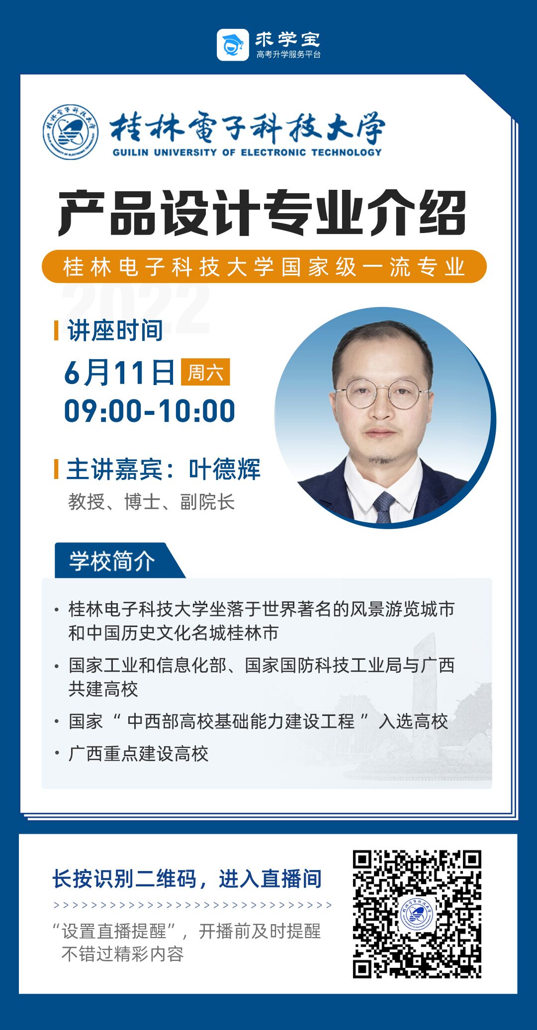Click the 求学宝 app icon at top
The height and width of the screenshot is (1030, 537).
233,45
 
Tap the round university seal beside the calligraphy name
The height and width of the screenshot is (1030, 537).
70,132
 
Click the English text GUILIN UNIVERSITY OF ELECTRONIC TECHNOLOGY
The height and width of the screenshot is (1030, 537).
247,152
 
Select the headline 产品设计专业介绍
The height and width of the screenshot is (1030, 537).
262,213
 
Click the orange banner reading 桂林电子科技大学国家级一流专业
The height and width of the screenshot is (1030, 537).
264,267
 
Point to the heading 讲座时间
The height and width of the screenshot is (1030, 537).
115,330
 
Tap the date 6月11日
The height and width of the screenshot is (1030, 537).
119,373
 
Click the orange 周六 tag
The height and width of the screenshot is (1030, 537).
205,372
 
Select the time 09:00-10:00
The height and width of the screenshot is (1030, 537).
150,411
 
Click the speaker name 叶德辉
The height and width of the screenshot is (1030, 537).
225,469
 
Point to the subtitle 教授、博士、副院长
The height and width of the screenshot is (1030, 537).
151,502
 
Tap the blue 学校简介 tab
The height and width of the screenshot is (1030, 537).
112,561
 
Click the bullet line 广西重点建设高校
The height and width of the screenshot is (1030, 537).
138,754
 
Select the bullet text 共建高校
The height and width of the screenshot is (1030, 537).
103,689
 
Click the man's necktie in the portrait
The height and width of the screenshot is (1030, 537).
384,507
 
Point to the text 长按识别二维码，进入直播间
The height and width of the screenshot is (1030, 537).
187,878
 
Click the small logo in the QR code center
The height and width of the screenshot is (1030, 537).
417,914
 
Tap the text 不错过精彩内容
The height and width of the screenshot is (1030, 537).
122,954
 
